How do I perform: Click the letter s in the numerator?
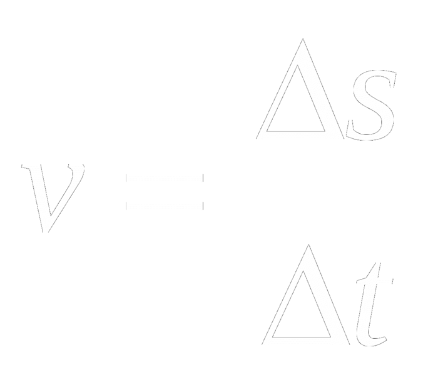(x=373, y=106)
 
